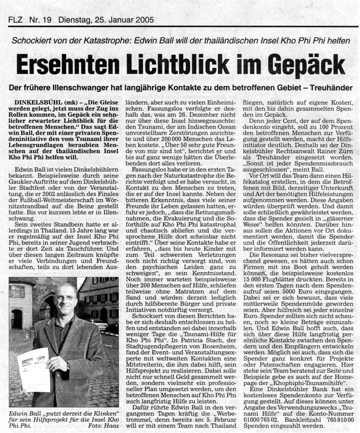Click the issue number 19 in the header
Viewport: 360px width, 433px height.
(48, 21)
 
